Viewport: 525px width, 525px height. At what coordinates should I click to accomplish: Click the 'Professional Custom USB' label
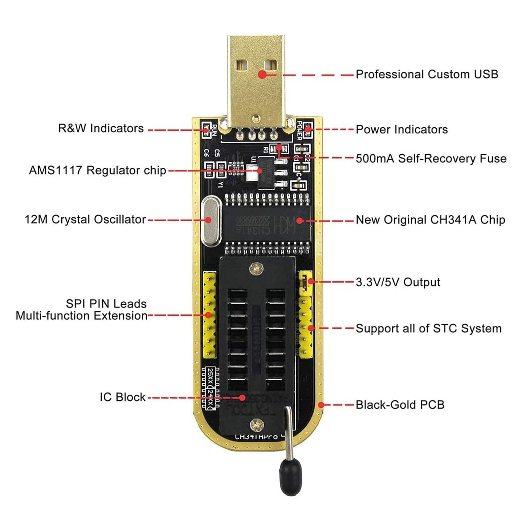coord(427,75)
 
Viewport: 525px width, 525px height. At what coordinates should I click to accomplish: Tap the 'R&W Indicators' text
coord(101,128)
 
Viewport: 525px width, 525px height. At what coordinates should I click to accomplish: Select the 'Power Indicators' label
coord(401,129)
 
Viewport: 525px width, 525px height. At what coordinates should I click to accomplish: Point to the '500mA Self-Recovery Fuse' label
coord(431,159)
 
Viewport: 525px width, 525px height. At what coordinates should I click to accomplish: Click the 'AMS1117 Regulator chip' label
coord(97,170)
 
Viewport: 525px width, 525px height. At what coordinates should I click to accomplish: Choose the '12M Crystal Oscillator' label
coord(85,220)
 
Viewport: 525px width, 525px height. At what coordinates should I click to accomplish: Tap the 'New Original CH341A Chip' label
coord(430,220)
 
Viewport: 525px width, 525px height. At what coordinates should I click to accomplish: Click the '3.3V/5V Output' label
coord(398,282)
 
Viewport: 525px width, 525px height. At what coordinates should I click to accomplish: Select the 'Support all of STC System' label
coord(428,329)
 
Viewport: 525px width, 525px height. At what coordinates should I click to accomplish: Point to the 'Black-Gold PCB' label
coord(400,405)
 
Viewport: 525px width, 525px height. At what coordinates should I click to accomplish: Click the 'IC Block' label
coord(122,397)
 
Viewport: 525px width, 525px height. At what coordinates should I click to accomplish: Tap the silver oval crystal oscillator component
coord(211,221)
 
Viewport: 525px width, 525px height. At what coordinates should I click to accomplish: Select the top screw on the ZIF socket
coord(257,269)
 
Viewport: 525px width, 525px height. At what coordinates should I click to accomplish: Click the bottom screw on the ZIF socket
coord(257,425)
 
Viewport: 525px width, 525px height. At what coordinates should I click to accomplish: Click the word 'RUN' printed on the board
coord(215,131)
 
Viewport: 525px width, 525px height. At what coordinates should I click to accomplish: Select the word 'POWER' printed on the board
coord(300,131)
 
